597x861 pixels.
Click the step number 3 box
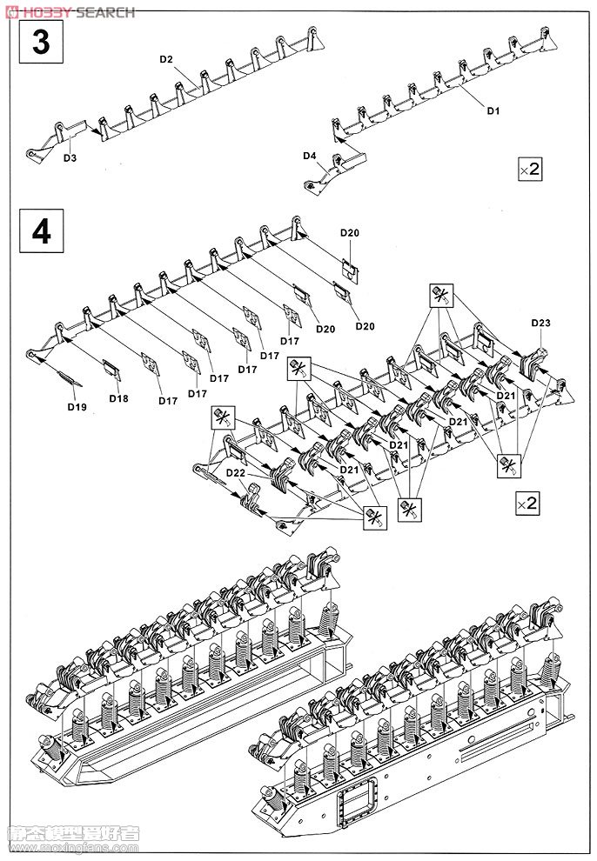click(41, 43)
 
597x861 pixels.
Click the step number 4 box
click(41, 232)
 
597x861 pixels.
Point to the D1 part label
click(493, 110)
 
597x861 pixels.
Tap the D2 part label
click(166, 59)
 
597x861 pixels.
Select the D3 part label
click(70, 157)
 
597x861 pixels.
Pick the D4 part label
click(309, 156)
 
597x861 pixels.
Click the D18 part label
click(118, 397)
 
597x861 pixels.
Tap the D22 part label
click(235, 471)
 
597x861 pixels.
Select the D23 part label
click(540, 324)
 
